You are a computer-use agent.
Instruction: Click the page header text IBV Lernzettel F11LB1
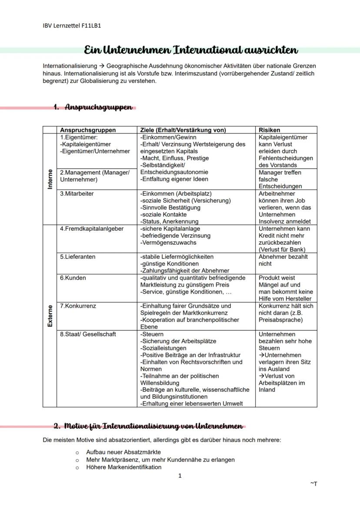pyautogui.click(x=72, y=25)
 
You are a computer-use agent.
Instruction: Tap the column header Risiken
pyautogui.click(x=269, y=130)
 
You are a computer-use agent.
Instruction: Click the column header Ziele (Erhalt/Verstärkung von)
pyautogui.click(x=183, y=130)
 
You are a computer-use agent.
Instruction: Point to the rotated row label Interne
pyautogui.click(x=50, y=179)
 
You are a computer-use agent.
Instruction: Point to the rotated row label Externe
pyautogui.click(x=50, y=316)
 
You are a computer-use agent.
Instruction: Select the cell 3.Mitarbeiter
pyautogui.click(x=77, y=194)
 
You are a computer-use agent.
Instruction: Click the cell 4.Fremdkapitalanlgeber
pyautogui.click(x=92, y=229)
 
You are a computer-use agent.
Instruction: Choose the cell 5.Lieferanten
pyautogui.click(x=78, y=257)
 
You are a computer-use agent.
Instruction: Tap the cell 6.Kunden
pyautogui.click(x=73, y=278)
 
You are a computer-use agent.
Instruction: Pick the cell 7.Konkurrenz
pyautogui.click(x=78, y=306)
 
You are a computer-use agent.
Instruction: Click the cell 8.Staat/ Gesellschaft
pyautogui.click(x=88, y=334)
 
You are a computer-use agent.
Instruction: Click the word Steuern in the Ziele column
pyautogui.click(x=152, y=334)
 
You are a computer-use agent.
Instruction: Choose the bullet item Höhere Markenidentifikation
pyautogui.click(x=123, y=467)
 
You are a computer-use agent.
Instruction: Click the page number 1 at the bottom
pyautogui.click(x=180, y=476)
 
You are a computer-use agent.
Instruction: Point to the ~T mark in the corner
pyautogui.click(x=313, y=484)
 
